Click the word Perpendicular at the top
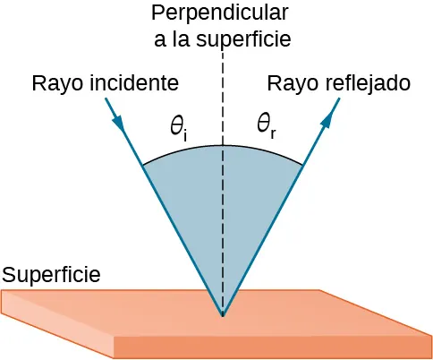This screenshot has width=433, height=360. pyautogui.click(x=220, y=13)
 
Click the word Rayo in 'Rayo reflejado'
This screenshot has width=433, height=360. pyautogui.click(x=290, y=84)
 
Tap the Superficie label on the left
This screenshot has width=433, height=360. pyautogui.click(x=50, y=273)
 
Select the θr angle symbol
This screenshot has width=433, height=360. pyautogui.click(x=266, y=126)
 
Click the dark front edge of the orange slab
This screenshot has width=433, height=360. pyautogui.click(x=268, y=347)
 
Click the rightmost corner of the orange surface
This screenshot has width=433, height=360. pyautogui.click(x=431, y=337)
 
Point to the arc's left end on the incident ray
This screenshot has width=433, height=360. pyautogui.click(x=141, y=164)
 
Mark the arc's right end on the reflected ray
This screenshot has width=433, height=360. pyautogui.click(x=304, y=164)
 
